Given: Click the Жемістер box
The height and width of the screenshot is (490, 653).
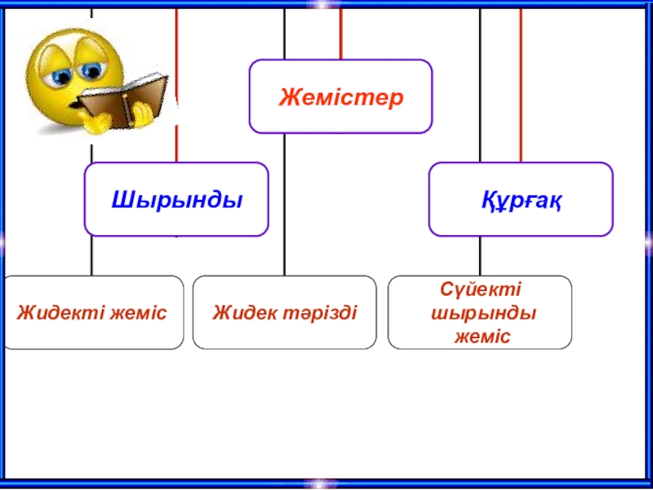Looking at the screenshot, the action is (x=340, y=96).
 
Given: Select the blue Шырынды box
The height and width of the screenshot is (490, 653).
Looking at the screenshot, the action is (x=176, y=199).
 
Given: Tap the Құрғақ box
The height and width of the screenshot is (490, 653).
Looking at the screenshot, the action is (x=521, y=199).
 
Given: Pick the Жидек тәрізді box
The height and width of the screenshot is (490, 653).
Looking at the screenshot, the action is (x=284, y=313).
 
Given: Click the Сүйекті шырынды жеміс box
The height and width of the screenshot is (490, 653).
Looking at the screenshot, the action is (x=480, y=313).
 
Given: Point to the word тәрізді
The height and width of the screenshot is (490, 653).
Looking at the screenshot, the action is (x=321, y=313).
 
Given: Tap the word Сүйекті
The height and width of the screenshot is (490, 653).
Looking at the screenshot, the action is (x=480, y=291).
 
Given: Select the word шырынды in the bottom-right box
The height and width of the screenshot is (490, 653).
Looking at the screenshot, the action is (x=482, y=314).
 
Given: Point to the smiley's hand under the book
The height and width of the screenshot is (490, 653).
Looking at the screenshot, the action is (x=100, y=120).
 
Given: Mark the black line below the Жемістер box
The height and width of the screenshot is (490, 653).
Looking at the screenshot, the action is (x=284, y=204).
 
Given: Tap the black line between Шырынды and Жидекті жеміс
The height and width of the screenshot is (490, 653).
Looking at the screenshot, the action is (x=91, y=255).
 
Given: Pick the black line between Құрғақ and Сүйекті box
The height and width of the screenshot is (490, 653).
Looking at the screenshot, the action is (x=480, y=256).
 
